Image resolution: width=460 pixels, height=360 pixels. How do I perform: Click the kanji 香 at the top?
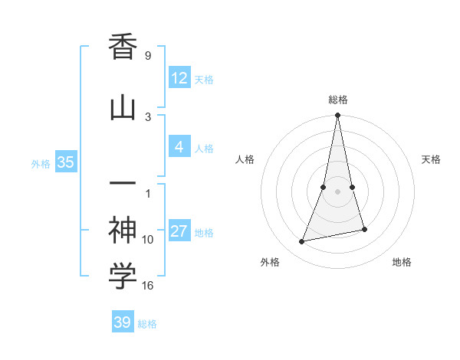pos(123,48)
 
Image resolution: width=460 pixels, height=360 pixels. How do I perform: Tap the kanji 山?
pos(123,108)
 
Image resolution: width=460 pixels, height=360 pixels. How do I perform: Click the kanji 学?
pos(123,277)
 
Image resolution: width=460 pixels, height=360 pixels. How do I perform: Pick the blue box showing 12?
pos(179,77)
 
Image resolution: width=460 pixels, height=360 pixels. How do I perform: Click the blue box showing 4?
pos(179,147)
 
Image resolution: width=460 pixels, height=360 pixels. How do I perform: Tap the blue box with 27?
pos(179,231)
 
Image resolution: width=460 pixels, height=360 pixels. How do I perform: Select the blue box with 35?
pos(65,162)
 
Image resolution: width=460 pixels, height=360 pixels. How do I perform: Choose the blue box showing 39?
pos(123,322)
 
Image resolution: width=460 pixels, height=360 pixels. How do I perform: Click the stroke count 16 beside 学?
pos(148,286)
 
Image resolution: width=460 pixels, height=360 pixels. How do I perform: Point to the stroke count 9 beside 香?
pos(147,56)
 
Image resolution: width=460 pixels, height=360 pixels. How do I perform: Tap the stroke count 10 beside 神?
pos(148,240)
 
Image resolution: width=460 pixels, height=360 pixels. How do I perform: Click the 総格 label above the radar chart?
pos(337,100)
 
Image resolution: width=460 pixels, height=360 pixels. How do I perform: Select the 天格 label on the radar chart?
pos(431,159)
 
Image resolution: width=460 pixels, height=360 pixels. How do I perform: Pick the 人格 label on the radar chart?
pos(245,159)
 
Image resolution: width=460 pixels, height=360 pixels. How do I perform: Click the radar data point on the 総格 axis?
pos(337,116)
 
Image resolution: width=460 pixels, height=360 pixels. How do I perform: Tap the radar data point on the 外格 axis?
pos(302,242)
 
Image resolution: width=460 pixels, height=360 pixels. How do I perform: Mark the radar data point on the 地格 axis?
pos(365,229)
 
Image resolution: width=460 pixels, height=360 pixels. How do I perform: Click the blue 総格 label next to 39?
pos(147,324)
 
